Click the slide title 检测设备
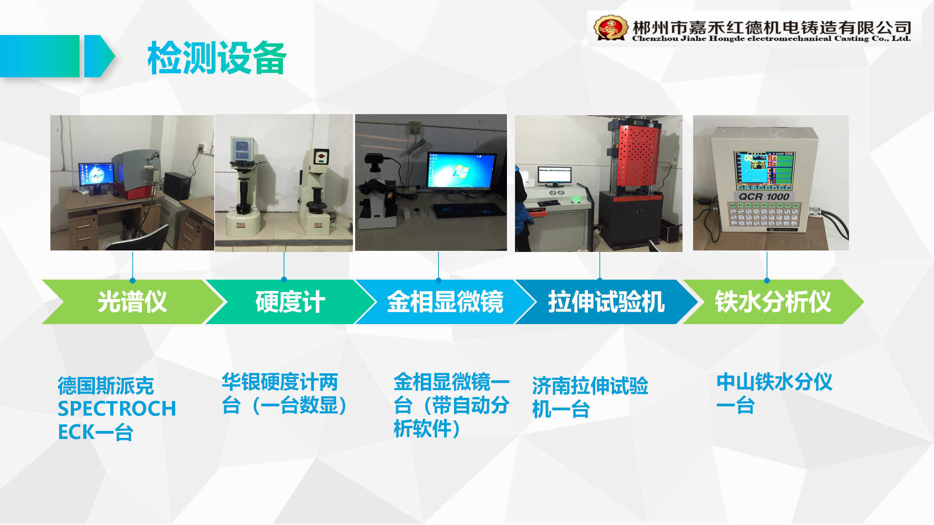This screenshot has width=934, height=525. pyautogui.click(x=217, y=58)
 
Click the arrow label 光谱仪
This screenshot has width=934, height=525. pyautogui.click(x=132, y=302)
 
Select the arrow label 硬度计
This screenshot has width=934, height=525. pyautogui.click(x=290, y=302)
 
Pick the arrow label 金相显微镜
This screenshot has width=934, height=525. pyautogui.click(x=445, y=302)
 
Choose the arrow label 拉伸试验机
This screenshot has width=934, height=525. pyautogui.click(x=606, y=302)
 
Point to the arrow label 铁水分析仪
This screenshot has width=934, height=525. pyautogui.click(x=773, y=302)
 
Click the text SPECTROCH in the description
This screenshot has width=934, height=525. pyautogui.click(x=117, y=408)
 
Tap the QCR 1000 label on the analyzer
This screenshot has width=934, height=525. pyautogui.click(x=764, y=197)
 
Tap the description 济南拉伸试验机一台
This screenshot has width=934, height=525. pyautogui.click(x=590, y=397)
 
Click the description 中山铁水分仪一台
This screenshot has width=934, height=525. pyautogui.click(x=774, y=393)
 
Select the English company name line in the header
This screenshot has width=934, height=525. pyautogui.click(x=771, y=38)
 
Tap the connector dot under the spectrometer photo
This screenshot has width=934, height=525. pyautogui.click(x=132, y=280)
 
